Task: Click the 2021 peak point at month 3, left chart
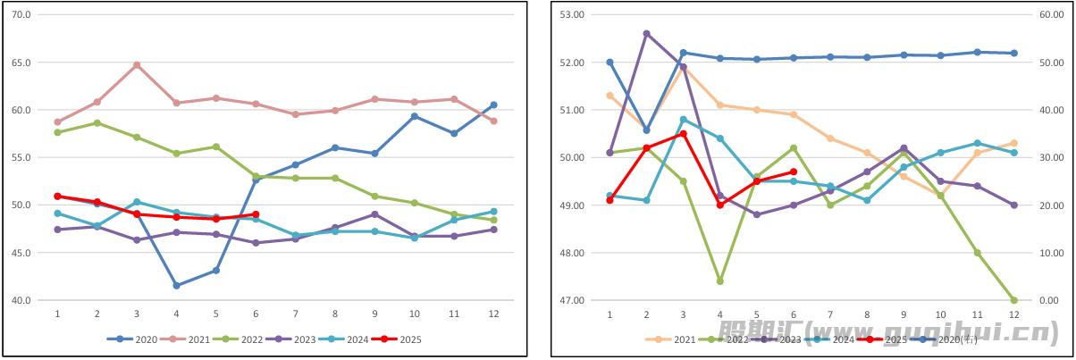pos(137,65)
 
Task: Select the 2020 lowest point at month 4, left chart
pos(177,286)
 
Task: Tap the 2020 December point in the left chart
pos(493,105)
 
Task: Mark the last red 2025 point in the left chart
pos(256,215)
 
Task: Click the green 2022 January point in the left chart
pos(57,132)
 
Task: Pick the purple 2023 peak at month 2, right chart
pos(646,34)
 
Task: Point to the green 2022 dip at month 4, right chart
pos(719,281)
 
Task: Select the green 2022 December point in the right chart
pos(1013,300)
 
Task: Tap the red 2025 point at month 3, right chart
pos(683,134)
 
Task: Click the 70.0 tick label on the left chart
pos(21,15)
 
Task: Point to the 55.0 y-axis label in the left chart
pos(21,157)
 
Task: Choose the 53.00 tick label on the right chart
pos(572,15)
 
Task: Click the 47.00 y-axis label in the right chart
pos(572,300)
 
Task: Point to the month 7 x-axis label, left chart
pos(296,314)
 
